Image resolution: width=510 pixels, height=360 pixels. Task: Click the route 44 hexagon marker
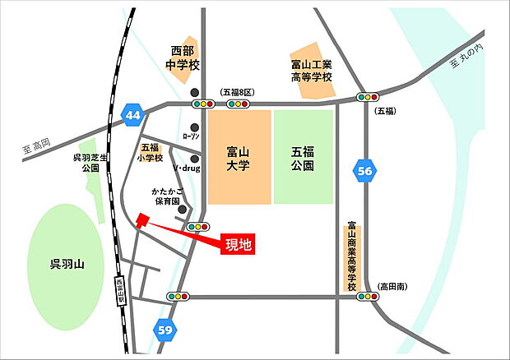133,115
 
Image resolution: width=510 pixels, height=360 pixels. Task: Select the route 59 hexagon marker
166,330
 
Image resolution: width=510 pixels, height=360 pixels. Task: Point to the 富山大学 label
238,158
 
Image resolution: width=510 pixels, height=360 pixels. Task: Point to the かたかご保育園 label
165,196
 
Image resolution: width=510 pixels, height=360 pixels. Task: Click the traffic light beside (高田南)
366,297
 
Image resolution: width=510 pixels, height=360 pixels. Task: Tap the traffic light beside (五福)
367,97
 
